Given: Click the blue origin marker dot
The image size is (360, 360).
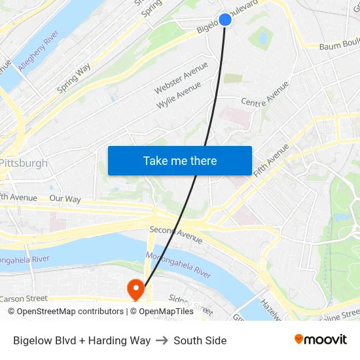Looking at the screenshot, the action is click(x=225, y=20).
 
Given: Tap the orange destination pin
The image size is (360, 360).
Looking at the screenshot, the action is click(x=136, y=289).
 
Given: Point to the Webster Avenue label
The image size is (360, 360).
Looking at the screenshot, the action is click(x=181, y=77).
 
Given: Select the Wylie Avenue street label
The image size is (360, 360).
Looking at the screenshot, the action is click(x=178, y=96).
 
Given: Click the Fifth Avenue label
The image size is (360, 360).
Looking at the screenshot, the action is click(x=271, y=160).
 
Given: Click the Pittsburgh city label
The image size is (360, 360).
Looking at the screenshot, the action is click(x=24, y=163).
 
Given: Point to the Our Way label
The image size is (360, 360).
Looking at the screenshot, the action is click(x=65, y=198).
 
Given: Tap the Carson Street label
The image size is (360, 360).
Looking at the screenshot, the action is click(x=24, y=298).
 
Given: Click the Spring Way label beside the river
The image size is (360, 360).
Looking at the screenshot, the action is click(x=73, y=78).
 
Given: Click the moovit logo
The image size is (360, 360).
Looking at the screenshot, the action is click(x=321, y=339).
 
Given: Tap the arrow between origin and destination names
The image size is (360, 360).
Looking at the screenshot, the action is click(x=162, y=340).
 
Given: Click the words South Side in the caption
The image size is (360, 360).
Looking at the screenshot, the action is click(x=200, y=340).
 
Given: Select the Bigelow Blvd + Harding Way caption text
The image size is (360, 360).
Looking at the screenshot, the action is click(x=82, y=340).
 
